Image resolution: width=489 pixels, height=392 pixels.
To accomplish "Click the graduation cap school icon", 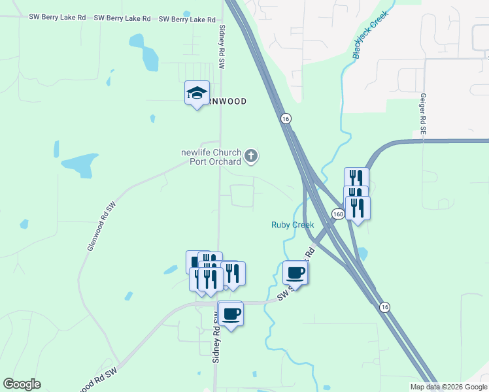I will tap(196, 93).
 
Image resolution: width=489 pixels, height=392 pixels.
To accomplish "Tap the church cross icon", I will tap(251, 156).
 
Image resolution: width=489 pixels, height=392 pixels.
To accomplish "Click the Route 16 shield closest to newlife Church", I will tap(285, 118).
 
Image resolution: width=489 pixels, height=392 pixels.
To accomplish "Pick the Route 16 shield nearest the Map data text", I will tap(385, 307).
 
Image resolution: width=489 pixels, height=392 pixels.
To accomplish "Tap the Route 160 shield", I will tap(337, 214).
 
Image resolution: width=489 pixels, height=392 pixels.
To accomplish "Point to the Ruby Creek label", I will tap(292, 225).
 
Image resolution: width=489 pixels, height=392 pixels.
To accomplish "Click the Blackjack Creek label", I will tap(370, 34).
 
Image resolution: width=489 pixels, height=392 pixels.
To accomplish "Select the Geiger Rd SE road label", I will tap(423, 114).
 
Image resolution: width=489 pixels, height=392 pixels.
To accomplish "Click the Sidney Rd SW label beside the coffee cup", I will tap(214, 336).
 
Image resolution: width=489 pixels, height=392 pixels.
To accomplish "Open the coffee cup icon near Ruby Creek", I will tap(295, 272).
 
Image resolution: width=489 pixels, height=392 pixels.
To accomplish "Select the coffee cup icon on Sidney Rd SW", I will tap(230, 314).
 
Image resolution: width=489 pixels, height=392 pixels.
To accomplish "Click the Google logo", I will tap(22, 384).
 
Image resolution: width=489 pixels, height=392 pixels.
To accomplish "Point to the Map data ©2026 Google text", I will tap(448, 387).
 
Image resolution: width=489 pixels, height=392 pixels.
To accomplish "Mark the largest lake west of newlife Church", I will tap(80, 165).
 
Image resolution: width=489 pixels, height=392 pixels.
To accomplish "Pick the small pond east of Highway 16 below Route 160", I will tap(362, 253).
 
